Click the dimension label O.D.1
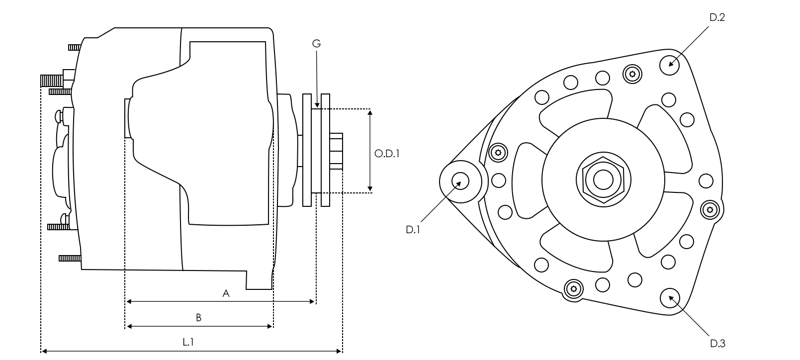(386, 154)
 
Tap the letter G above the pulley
(316, 44)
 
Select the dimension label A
(226, 293)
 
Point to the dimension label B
(198, 318)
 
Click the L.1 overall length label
(188, 342)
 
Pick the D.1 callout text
(413, 230)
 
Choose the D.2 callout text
(717, 17)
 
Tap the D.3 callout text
(717, 344)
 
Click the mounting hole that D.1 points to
(460, 181)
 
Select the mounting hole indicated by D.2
(669, 65)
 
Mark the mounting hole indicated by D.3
(670, 298)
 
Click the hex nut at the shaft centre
(603, 180)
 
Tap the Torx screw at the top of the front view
(632, 74)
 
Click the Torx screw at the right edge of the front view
(710, 210)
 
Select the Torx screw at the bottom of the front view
(574, 288)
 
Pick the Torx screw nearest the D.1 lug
(498, 153)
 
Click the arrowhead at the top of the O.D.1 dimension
(370, 112)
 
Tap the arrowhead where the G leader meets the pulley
(317, 105)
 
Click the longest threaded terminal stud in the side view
(52, 81)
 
